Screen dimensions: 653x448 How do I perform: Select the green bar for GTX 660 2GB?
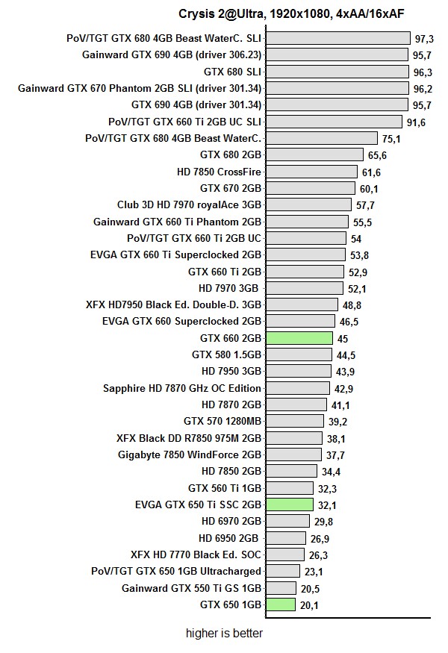pyautogui.click(x=299, y=338)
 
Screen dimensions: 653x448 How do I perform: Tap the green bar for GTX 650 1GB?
pyautogui.click(x=280, y=604)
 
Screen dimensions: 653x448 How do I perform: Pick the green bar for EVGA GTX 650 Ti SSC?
pyautogui.click(x=289, y=504)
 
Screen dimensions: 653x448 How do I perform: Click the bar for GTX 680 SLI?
pyautogui.click(x=336, y=72)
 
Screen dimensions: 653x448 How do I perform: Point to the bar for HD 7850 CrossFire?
pyautogui.click(x=311, y=172)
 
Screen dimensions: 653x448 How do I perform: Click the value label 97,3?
pyautogui.click(x=424, y=38)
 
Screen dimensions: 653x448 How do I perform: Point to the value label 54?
pyautogui.click(x=356, y=239)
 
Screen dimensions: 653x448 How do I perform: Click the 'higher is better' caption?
pyautogui.click(x=224, y=634)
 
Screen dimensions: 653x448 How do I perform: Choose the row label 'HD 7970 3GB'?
pyautogui.click(x=228, y=288)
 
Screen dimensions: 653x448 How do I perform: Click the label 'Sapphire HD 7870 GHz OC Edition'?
pyautogui.click(x=182, y=388)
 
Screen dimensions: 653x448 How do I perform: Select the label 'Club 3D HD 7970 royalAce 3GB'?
pyautogui.click(x=189, y=204)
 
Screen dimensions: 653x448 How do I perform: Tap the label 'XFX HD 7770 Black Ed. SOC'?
pyautogui.click(x=196, y=554)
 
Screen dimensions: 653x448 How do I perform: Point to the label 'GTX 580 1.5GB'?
pyautogui.click(x=226, y=354)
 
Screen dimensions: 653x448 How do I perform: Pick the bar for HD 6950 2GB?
pyautogui.click(x=285, y=538)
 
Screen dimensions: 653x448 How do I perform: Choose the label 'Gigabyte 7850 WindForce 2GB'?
pyautogui.click(x=190, y=454)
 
